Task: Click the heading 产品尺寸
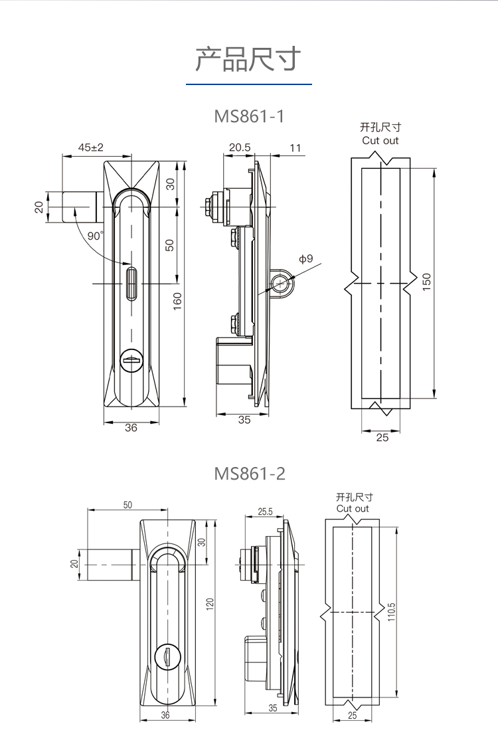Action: click(x=248, y=59)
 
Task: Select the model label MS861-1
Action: click(x=249, y=116)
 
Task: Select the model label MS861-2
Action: click(x=250, y=474)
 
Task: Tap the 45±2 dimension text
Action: click(x=91, y=147)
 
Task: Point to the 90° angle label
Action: click(x=95, y=236)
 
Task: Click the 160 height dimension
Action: click(x=177, y=301)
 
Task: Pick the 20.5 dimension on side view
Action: click(x=240, y=147)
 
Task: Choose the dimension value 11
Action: click(x=295, y=147)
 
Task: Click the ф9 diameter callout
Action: click(x=306, y=258)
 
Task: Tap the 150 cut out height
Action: click(x=426, y=282)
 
